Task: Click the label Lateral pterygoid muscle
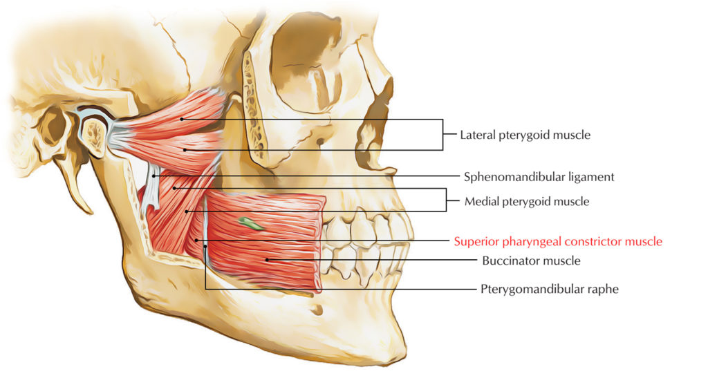pos(525,135)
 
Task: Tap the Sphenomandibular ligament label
pos(538,176)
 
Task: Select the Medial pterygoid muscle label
pos(527,202)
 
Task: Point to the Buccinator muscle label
pos(530,261)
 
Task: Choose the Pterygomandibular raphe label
pos(549,289)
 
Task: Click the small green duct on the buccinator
pos(250,223)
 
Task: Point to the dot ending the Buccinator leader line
pos(267,260)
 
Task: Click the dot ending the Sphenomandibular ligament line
pos(155,176)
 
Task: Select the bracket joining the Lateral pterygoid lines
pos(442,135)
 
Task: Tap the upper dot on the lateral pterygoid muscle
pos(182,119)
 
